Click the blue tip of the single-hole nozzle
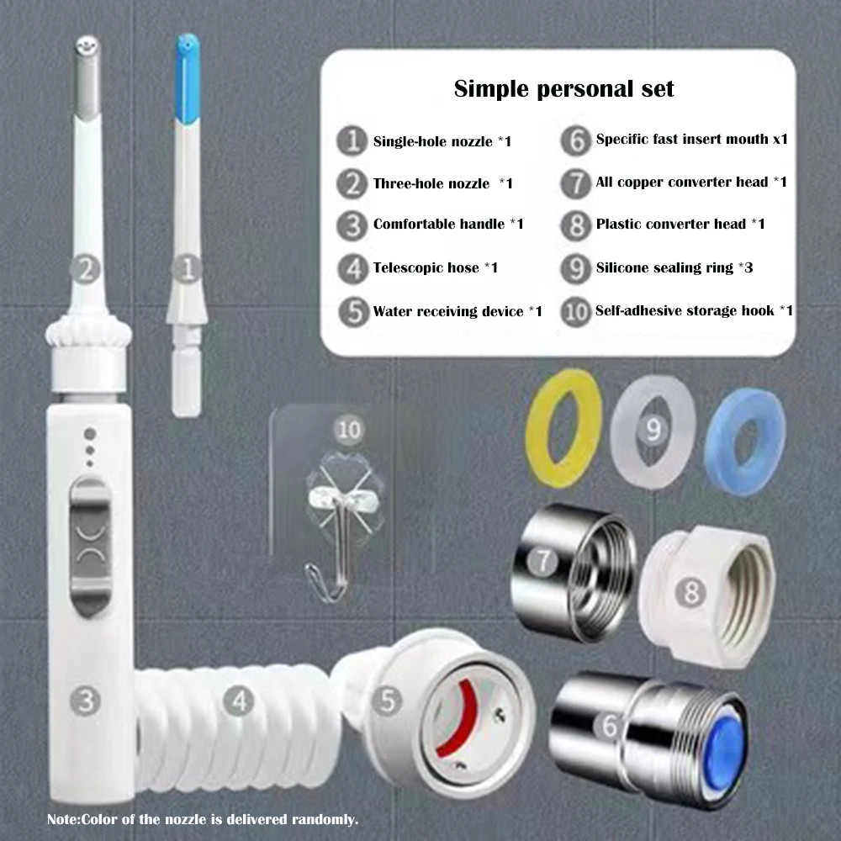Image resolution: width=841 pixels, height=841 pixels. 188,77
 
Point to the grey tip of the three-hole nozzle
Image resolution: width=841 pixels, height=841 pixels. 87,77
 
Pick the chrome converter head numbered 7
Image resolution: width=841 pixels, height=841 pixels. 573,572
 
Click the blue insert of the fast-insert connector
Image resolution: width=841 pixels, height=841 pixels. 724,747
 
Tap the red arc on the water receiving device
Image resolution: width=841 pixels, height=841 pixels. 458,719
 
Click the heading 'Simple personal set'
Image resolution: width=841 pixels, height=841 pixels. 563,89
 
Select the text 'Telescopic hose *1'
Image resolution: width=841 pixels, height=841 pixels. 435,267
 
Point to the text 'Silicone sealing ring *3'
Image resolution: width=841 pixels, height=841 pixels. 674,267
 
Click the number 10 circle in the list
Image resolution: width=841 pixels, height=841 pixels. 575,311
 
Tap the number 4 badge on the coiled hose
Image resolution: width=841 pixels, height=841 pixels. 239,701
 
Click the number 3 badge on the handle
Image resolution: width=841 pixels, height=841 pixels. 86,701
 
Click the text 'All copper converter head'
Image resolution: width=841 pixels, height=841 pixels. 682,182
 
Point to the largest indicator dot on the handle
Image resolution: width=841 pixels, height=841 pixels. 90,433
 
